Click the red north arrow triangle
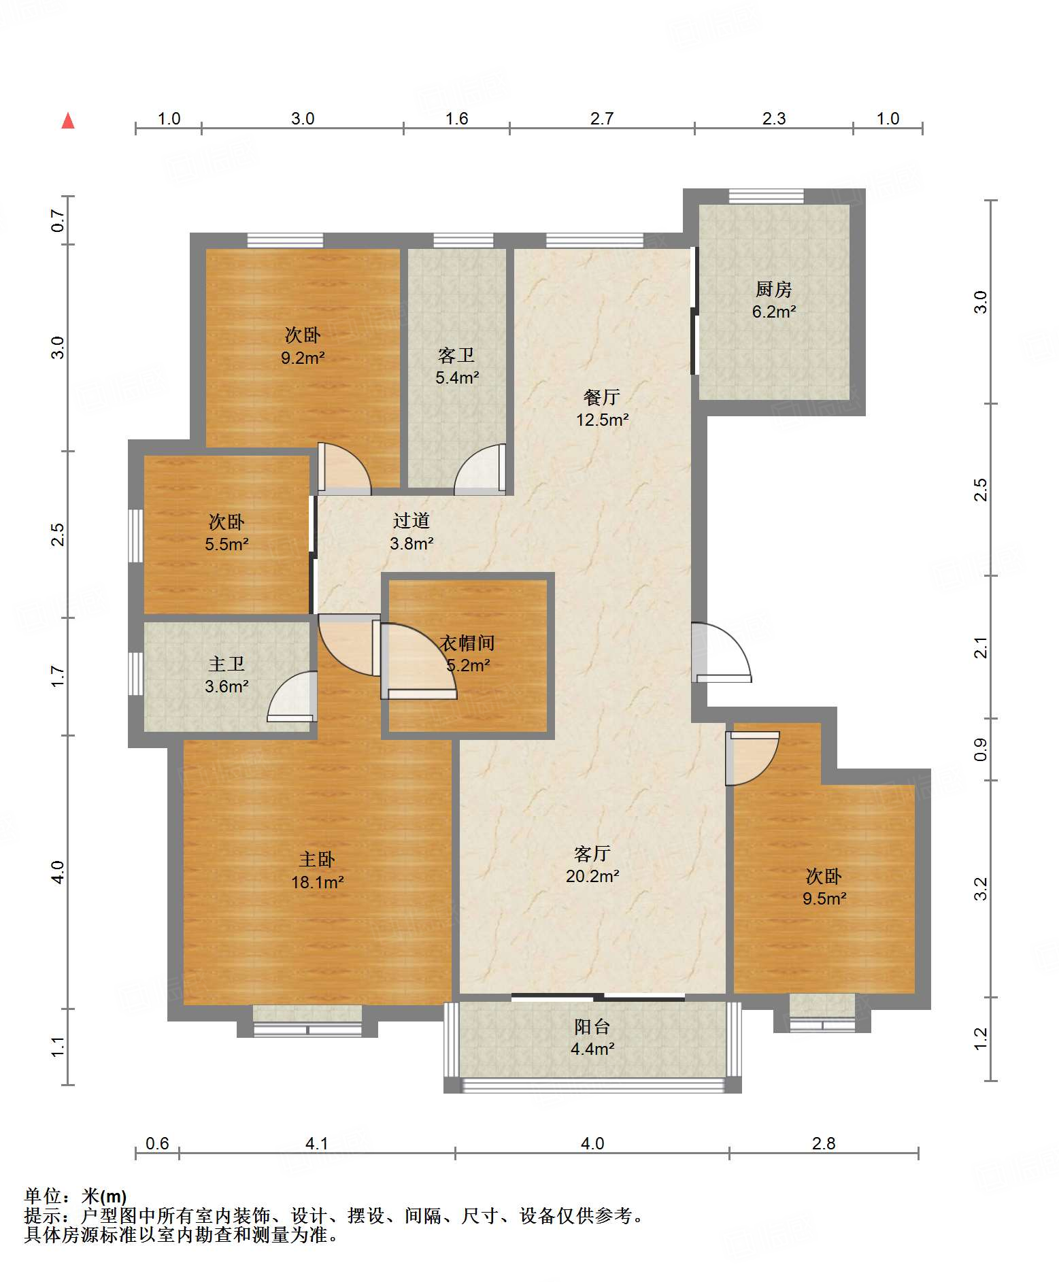coord(68,121)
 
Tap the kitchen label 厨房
coord(773,290)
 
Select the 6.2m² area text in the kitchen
coord(774,312)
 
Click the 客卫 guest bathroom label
coord(456,356)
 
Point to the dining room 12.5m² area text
coord(602,420)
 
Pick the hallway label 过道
coord(411,521)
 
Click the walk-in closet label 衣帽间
coord(467,643)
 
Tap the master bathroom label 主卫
coord(226,664)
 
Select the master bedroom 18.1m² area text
coord(318,882)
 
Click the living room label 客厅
coord(592,854)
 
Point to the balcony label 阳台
coord(592,1026)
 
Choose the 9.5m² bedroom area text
coord(824,898)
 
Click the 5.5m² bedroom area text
coord(226,544)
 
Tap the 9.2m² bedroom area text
coord(303,357)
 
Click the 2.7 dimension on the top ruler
coord(602,119)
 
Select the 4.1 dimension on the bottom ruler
coord(317,1143)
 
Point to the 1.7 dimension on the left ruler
coord(58,676)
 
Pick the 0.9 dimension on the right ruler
coord(980,749)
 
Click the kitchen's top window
coord(766,196)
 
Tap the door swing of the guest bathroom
coord(480,468)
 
